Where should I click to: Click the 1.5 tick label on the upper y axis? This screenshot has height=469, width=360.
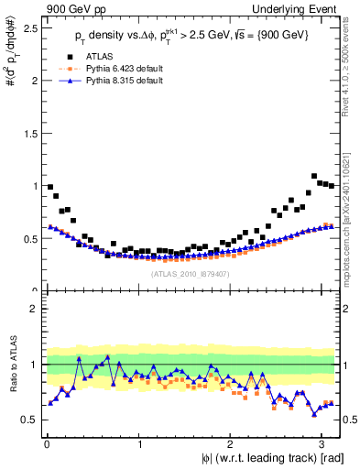pos(28,133)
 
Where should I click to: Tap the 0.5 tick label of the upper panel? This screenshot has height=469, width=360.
pos(28,238)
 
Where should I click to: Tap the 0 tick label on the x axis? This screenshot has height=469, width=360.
pos(46,445)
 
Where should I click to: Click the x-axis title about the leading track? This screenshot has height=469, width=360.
pos(272,459)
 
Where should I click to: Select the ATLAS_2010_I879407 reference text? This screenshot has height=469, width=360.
pos(191,273)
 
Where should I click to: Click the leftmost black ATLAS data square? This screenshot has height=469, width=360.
pos(50,187)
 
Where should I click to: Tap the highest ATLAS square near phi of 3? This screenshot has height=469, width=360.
pos(314,176)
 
